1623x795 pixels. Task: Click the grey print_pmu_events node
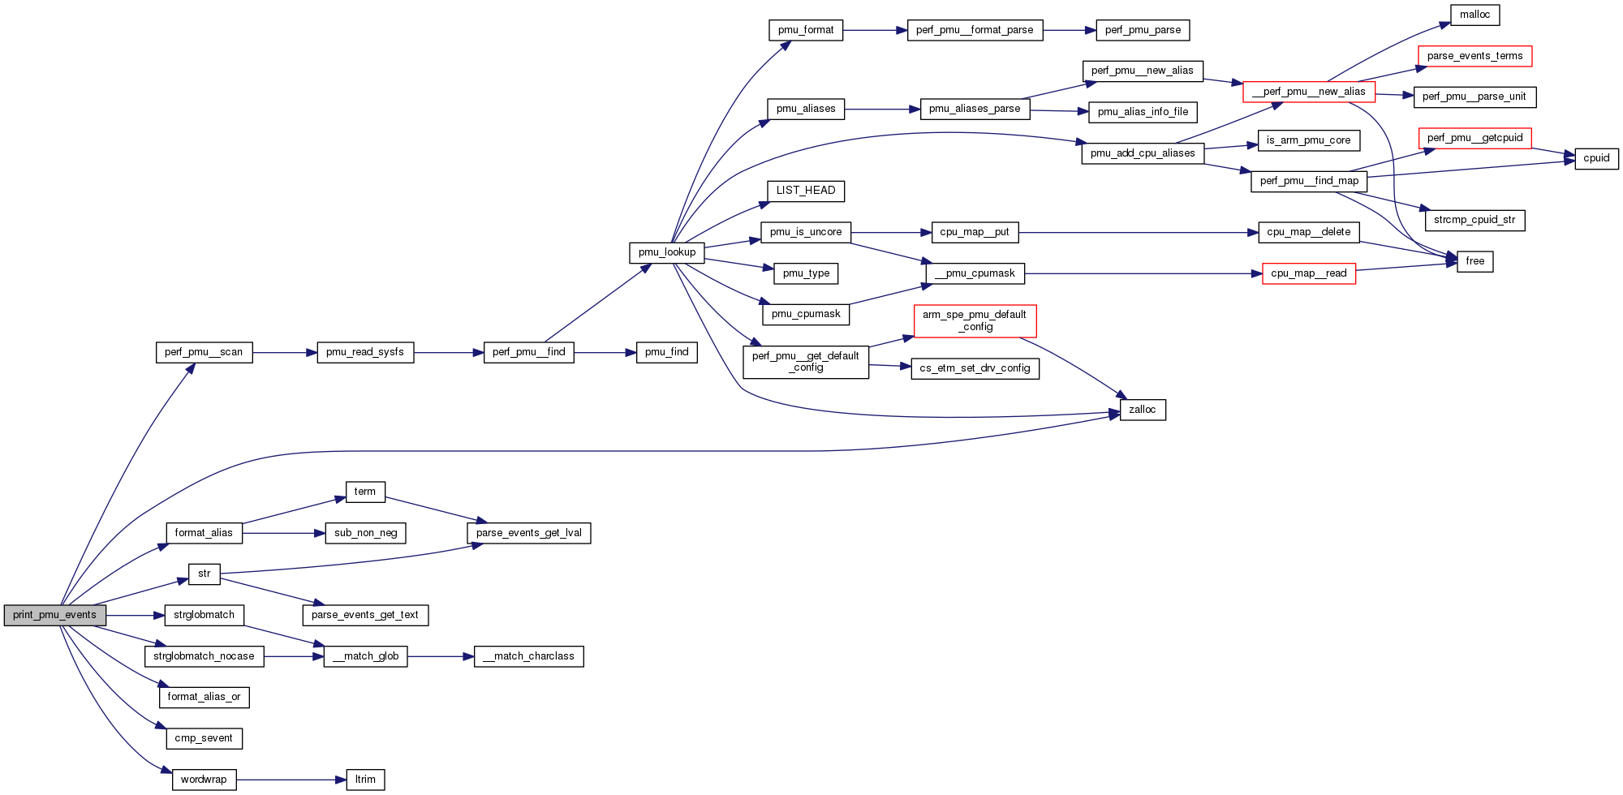pyautogui.click(x=54, y=615)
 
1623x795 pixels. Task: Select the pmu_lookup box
pyautogui.click(x=666, y=252)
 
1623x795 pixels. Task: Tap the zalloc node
pyautogui.click(x=1142, y=410)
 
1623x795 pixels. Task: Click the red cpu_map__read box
pyautogui.click(x=1308, y=273)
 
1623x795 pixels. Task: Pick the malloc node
pyautogui.click(x=1474, y=15)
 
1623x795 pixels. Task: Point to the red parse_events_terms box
pyautogui.click(x=1474, y=56)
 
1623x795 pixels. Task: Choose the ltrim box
pyautogui.click(x=365, y=780)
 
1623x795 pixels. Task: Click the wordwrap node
pyautogui.click(x=204, y=780)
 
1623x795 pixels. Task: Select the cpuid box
pyautogui.click(x=1596, y=158)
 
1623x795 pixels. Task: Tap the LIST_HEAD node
pyautogui.click(x=805, y=191)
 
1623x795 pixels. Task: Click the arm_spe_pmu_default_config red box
pyautogui.click(x=975, y=320)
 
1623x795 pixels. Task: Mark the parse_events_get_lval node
pyautogui.click(x=528, y=533)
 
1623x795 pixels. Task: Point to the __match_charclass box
pyautogui.click(x=528, y=656)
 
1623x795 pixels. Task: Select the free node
pyautogui.click(x=1474, y=261)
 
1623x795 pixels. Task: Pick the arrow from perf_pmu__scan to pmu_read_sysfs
pyautogui.click(x=284, y=353)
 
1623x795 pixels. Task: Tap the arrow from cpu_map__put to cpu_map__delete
pyautogui.click(x=1136, y=233)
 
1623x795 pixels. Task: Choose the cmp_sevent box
pyautogui.click(x=204, y=738)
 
